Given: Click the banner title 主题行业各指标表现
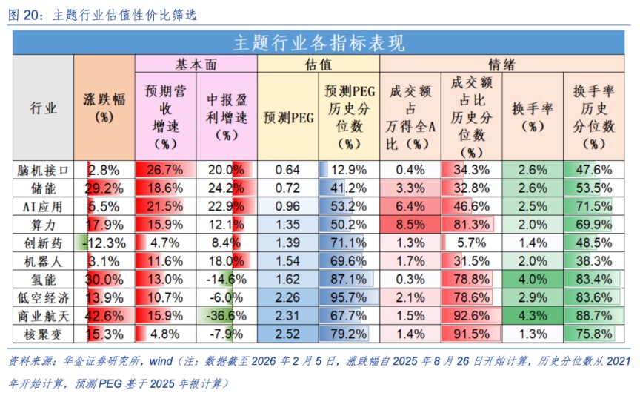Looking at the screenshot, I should [x=319, y=43].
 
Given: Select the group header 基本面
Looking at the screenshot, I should [x=196, y=65].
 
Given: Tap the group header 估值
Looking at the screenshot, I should [x=318, y=65].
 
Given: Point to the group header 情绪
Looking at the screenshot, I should [x=501, y=65].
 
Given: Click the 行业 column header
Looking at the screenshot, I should [x=43, y=108].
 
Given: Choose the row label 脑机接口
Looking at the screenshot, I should [x=43, y=170].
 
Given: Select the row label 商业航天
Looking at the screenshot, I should [x=43, y=315].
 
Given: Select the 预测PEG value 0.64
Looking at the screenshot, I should [x=287, y=170].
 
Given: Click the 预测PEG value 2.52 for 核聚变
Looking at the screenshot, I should [x=287, y=333].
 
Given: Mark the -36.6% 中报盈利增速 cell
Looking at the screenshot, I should [x=226, y=315].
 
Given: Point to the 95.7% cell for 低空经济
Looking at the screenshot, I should [x=348, y=297].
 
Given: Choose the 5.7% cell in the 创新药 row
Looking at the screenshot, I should [x=471, y=243].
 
